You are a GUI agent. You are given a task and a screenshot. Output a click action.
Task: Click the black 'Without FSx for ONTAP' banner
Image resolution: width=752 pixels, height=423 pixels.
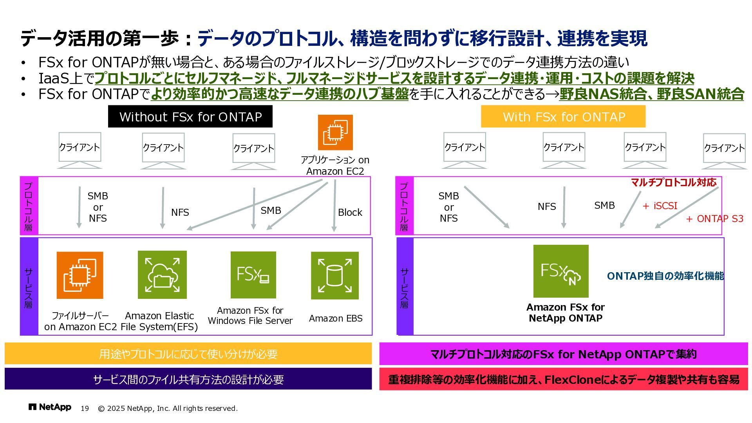click(x=190, y=117)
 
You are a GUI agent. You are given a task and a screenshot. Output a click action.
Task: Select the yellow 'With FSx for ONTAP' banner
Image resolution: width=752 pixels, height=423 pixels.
click(x=563, y=117)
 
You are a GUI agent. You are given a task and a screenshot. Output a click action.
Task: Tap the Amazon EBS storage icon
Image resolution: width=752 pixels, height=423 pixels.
click(x=334, y=275)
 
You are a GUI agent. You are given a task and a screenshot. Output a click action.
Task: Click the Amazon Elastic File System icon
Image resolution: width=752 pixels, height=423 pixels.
click(x=162, y=275)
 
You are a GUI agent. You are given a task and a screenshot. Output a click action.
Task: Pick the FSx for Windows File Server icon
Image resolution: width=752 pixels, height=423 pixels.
click(x=253, y=275)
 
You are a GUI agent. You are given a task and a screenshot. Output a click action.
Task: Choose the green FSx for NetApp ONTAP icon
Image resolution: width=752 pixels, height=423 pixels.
click(x=561, y=271)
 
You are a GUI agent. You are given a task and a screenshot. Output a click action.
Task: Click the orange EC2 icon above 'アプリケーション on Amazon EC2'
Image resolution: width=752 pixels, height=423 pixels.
click(x=335, y=132)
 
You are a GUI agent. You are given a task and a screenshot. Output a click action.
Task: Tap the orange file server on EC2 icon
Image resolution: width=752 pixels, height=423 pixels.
click(x=80, y=275)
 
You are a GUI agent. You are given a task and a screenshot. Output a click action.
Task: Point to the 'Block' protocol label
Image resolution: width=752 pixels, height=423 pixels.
click(x=350, y=212)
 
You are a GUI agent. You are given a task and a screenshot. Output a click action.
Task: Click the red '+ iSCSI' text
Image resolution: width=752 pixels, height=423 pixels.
click(x=660, y=206)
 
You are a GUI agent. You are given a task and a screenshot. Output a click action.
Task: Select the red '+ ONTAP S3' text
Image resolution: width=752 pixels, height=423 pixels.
click(x=715, y=219)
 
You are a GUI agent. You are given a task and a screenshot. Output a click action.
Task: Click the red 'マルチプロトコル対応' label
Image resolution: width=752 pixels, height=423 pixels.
click(x=674, y=182)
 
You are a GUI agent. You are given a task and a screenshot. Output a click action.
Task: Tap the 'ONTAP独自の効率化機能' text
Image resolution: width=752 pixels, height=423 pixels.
click(x=665, y=276)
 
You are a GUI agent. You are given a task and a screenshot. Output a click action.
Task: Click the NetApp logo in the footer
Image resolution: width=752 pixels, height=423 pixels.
click(x=50, y=407)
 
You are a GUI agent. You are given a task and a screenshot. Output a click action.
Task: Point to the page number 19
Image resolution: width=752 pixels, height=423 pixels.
click(x=85, y=409)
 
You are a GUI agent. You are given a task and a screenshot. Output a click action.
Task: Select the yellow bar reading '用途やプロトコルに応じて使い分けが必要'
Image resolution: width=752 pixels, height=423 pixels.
click(x=188, y=354)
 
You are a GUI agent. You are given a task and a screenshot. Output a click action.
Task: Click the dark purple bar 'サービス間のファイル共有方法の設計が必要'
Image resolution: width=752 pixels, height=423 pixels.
click(x=188, y=379)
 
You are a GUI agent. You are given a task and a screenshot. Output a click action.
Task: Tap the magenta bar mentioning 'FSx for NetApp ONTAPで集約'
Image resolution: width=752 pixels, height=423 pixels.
click(x=563, y=354)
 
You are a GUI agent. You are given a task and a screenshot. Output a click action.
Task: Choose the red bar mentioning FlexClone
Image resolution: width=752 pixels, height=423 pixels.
click(x=563, y=379)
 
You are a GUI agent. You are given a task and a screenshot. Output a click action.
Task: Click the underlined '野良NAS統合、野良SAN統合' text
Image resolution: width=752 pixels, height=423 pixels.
click(x=651, y=94)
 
